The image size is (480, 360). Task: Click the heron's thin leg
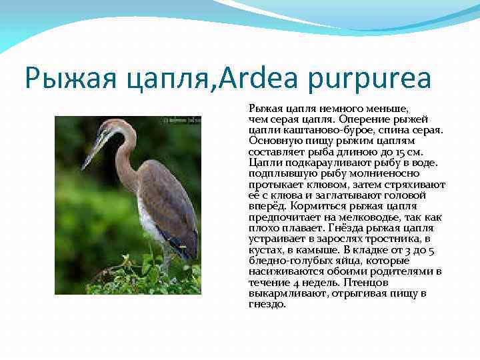tap(163, 257)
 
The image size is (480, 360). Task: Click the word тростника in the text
tap(389, 239)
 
